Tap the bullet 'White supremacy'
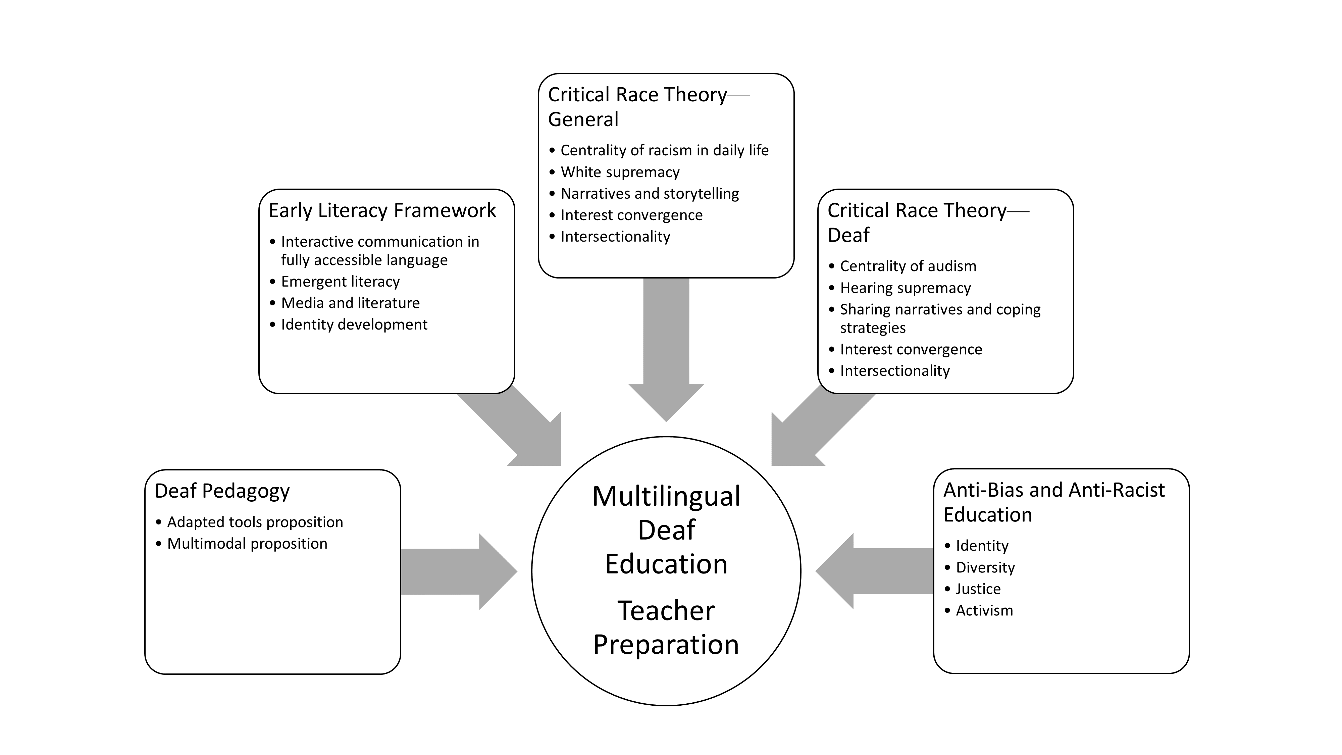pyautogui.click(x=620, y=172)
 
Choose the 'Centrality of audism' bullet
pyautogui.click(x=908, y=266)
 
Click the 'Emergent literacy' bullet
pyautogui.click(x=340, y=282)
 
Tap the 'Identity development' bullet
pyautogui.click(x=354, y=324)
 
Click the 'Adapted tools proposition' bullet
pyautogui.click(x=255, y=522)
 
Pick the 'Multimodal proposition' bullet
pyautogui.click(x=247, y=544)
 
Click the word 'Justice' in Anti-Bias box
pyautogui.click(x=978, y=589)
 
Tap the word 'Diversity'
pyautogui.click(x=985, y=567)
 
